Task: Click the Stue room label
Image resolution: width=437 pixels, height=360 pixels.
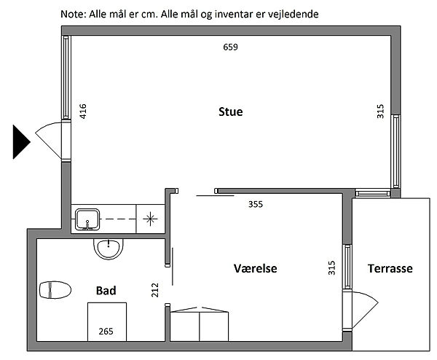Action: click(x=230, y=111)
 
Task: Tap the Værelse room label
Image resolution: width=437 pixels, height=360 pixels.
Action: click(x=256, y=268)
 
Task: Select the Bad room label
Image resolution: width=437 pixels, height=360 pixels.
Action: click(x=106, y=291)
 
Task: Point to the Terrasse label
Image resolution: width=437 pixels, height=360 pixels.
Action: click(x=390, y=268)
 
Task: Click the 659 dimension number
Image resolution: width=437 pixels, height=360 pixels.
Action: click(x=230, y=47)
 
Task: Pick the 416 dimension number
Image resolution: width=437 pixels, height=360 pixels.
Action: click(x=83, y=111)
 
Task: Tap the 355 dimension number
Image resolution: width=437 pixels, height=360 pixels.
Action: click(x=256, y=204)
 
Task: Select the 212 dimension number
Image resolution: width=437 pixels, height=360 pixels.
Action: click(x=154, y=290)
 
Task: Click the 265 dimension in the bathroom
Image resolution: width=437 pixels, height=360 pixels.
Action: click(x=106, y=332)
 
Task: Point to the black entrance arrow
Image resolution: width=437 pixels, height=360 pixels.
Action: click(x=20, y=142)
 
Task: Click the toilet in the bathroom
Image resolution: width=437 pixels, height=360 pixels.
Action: click(x=55, y=290)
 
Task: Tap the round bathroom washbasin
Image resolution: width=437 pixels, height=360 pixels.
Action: click(x=108, y=249)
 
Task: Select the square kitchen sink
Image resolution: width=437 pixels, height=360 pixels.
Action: click(x=87, y=220)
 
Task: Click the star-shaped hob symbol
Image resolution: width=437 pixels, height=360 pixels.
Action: click(x=150, y=219)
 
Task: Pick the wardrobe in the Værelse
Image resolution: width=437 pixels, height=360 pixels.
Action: click(x=200, y=324)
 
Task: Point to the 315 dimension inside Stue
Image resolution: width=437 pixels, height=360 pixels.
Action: click(x=380, y=111)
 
